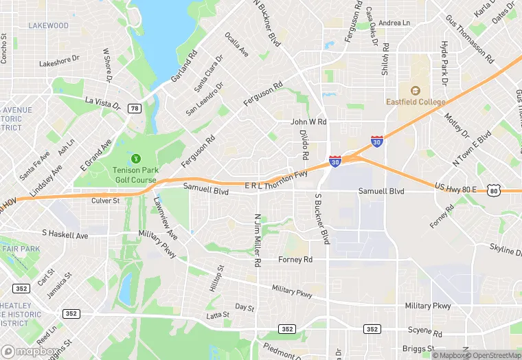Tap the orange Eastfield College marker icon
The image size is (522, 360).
tap(415, 90)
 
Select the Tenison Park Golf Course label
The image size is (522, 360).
tap(135, 174)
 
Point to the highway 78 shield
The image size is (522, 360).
tap(135, 109)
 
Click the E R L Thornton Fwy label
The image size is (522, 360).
tap(275, 181)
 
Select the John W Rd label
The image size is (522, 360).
tap(308, 122)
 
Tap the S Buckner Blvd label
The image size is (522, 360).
tap(322, 218)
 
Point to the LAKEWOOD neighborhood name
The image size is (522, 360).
tap(48, 26)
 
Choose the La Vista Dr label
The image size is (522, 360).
tap(102, 104)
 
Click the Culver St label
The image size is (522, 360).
tap(106, 201)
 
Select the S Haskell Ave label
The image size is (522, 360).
tap(65, 235)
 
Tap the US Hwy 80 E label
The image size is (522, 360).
tap(459, 187)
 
